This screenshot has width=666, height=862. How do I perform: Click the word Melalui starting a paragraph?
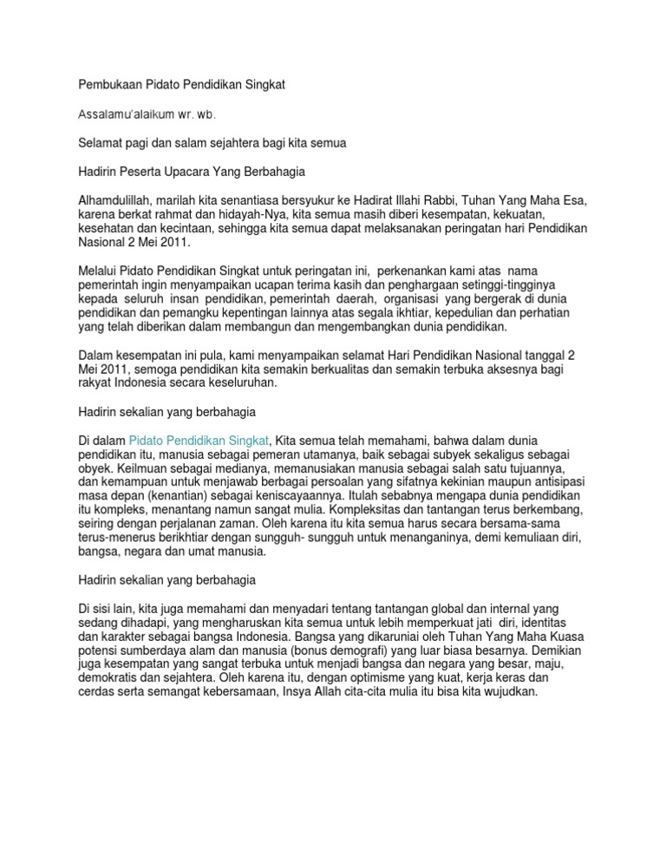pyautogui.click(x=99, y=271)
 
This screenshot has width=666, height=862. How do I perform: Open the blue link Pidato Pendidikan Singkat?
pyautogui.click(x=199, y=441)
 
